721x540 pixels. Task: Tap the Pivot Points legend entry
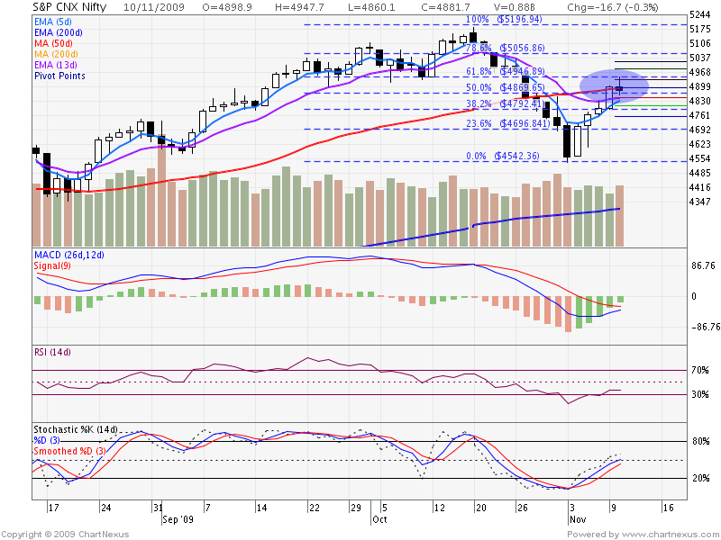(x=61, y=76)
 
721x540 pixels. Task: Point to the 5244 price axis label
(x=700, y=15)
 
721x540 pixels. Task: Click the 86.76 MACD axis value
(x=703, y=267)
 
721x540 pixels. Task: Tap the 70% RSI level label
(x=700, y=370)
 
